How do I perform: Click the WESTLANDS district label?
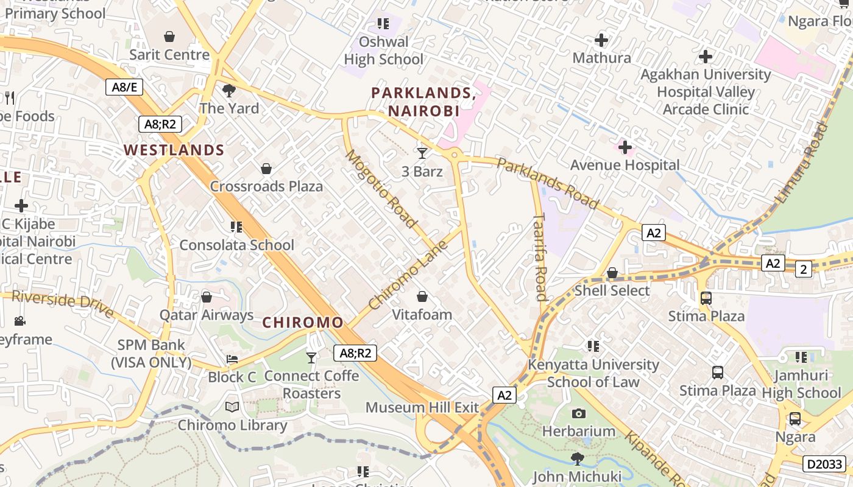coord(174,150)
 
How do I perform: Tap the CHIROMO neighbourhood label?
coord(303,323)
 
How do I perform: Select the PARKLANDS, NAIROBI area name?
coord(423,102)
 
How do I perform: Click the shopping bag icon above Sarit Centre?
coord(169,37)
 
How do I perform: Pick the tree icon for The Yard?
coord(229,91)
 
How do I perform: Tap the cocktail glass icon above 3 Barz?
coord(422,153)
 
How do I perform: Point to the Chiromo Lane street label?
coord(408,275)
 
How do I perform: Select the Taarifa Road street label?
coord(540,257)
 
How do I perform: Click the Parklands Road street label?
coord(547,183)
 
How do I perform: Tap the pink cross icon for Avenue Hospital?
coord(625,147)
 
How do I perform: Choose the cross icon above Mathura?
coord(601,40)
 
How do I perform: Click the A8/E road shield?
coord(124,87)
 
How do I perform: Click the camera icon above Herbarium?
coord(579,413)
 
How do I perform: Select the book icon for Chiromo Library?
coord(232,407)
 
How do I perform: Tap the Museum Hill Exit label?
coord(422,407)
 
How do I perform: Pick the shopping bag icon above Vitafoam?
coord(422,296)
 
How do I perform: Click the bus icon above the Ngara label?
coord(795,419)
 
